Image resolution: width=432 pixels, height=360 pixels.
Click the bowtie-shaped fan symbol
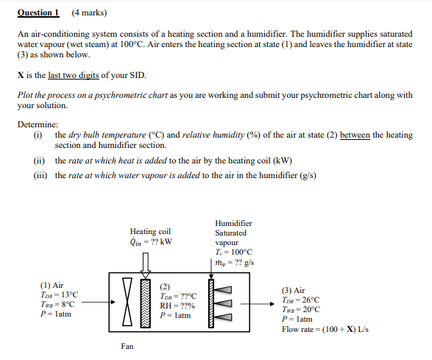click(129, 301)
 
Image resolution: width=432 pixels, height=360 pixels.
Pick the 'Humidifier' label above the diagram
click(233, 223)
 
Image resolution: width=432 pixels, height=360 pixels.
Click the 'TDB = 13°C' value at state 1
click(58, 294)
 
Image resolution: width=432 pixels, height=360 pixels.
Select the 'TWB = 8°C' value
click(57, 304)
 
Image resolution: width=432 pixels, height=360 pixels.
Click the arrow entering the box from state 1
click(98, 301)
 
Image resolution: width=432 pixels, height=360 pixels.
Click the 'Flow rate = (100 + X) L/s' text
click(325, 329)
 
